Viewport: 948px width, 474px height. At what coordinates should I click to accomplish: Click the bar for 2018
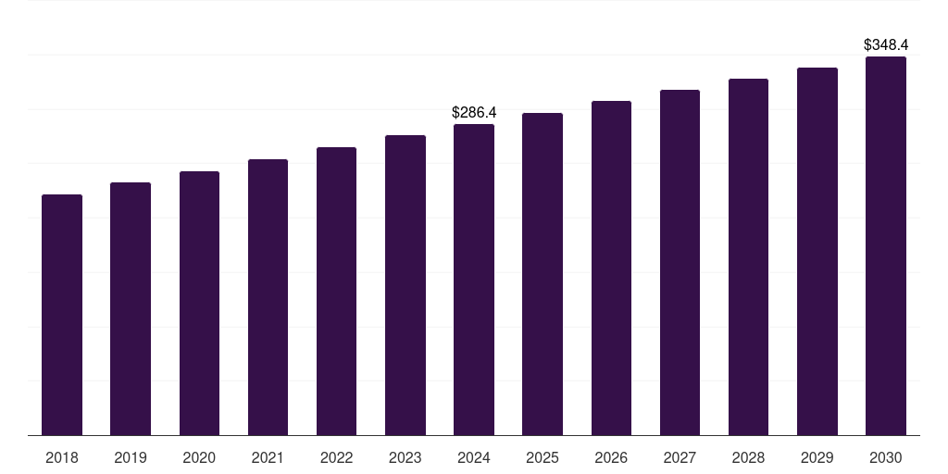(x=62, y=315)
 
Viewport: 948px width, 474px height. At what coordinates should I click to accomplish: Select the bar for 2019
(x=131, y=309)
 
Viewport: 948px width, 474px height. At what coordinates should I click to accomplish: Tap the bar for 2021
(x=268, y=297)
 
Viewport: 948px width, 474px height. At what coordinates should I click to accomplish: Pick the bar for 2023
(x=405, y=285)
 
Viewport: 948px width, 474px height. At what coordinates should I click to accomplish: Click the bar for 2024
(x=474, y=280)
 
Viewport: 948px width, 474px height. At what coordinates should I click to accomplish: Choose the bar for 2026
(x=611, y=268)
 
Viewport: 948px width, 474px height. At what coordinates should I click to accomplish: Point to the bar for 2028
(x=748, y=257)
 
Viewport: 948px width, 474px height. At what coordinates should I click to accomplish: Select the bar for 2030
(x=886, y=246)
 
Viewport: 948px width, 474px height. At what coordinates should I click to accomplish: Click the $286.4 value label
(x=474, y=112)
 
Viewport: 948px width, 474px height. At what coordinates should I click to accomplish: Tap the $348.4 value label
(x=886, y=44)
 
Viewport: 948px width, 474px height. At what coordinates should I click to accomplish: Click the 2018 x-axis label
(x=62, y=457)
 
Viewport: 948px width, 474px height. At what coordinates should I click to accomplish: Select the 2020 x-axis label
(x=199, y=457)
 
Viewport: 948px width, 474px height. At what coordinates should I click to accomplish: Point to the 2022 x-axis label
(x=336, y=457)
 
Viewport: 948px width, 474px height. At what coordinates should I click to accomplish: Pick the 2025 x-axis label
(x=543, y=457)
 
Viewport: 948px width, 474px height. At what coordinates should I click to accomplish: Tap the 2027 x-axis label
(x=680, y=457)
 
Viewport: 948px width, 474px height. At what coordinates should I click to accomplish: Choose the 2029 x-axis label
(x=817, y=457)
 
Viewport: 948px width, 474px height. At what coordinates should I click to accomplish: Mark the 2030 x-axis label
(x=886, y=457)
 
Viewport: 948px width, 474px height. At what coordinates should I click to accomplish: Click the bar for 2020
(x=199, y=304)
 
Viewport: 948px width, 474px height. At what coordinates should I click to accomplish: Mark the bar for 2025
(x=543, y=274)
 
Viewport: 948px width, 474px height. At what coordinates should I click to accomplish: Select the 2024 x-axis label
(x=474, y=457)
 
